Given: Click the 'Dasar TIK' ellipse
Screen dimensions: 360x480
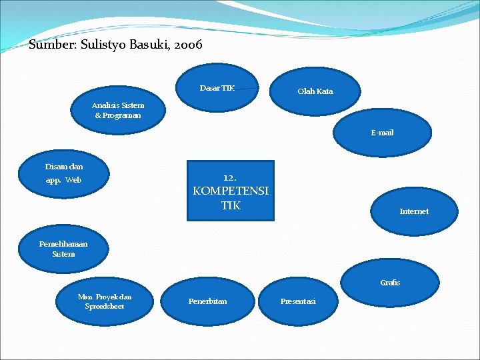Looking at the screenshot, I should (x=218, y=88).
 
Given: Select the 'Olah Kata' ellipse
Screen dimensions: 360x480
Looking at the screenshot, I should (x=315, y=91).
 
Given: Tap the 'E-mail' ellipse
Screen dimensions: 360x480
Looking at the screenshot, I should (x=383, y=133).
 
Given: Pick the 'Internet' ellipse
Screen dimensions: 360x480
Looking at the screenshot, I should (x=414, y=211).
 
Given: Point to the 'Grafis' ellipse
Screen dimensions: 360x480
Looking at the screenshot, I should (x=391, y=283).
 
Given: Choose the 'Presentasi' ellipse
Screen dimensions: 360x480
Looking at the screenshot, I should (x=299, y=301).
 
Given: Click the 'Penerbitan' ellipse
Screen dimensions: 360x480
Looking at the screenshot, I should (x=207, y=301).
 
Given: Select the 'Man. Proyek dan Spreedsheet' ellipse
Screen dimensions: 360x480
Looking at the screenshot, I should (x=105, y=301).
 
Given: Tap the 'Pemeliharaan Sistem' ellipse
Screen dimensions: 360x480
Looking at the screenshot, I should (x=63, y=249).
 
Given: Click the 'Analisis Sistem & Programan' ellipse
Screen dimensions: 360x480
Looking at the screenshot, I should (x=118, y=110).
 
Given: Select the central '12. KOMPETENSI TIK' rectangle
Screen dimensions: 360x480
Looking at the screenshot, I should (x=230, y=191).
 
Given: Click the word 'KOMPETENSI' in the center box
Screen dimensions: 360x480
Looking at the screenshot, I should (x=231, y=191).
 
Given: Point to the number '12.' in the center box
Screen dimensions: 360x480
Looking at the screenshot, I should (x=230, y=178).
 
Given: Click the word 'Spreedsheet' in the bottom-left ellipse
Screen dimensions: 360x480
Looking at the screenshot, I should (x=105, y=306).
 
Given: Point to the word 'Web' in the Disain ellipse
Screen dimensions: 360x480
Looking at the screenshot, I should (x=73, y=180).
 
